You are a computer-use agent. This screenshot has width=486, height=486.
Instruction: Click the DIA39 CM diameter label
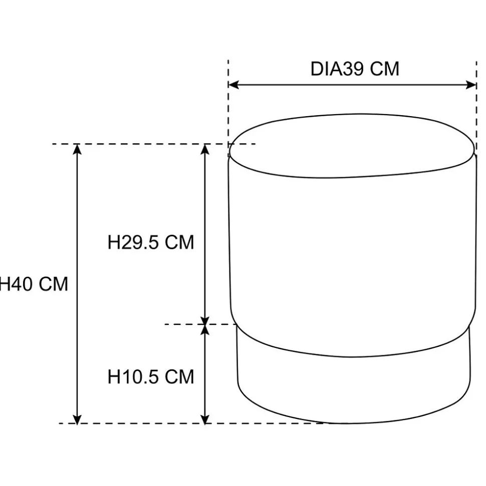pos(355,69)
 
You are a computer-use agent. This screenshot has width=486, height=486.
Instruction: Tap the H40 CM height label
pos(34,284)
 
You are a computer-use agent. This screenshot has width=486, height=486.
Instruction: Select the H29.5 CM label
pos(151,242)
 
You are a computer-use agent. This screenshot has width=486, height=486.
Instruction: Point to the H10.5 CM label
pos(151,376)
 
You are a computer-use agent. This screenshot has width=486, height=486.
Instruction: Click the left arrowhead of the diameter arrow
pos(233,85)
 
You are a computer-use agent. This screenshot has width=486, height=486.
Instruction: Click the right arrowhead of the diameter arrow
pos(471,85)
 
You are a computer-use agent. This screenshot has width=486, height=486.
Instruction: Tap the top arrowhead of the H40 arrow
pos(77,149)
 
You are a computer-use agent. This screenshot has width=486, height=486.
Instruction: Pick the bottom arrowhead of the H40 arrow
pos(77,418)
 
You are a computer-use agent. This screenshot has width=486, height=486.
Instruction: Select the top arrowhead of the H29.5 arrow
pos(205,149)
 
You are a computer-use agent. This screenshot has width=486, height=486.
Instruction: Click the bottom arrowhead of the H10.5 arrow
pos(205,418)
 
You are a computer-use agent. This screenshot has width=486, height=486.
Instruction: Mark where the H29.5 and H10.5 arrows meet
pos(205,324)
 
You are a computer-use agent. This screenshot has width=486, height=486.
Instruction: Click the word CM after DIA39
pos(385,69)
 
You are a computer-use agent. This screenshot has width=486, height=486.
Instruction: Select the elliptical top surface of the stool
pos(352,146)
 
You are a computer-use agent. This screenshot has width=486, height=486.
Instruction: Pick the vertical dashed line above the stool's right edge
pos(476,107)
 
